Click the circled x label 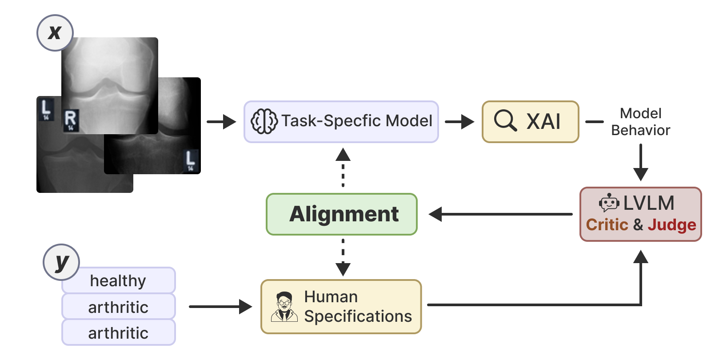[55, 32]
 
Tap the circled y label [61, 262]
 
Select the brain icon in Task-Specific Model [264, 121]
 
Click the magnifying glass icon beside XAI [505, 121]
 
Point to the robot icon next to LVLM [609, 203]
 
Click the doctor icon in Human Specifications [284, 307]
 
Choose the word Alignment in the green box [344, 214]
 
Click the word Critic [607, 225]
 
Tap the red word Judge [671, 225]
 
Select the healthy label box [118, 281]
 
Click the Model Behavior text [640, 122]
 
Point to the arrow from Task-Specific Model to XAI [459, 121]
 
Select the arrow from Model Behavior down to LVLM [640, 162]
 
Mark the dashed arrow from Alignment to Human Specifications [343, 258]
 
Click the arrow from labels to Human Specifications [220, 307]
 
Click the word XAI [543, 122]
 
